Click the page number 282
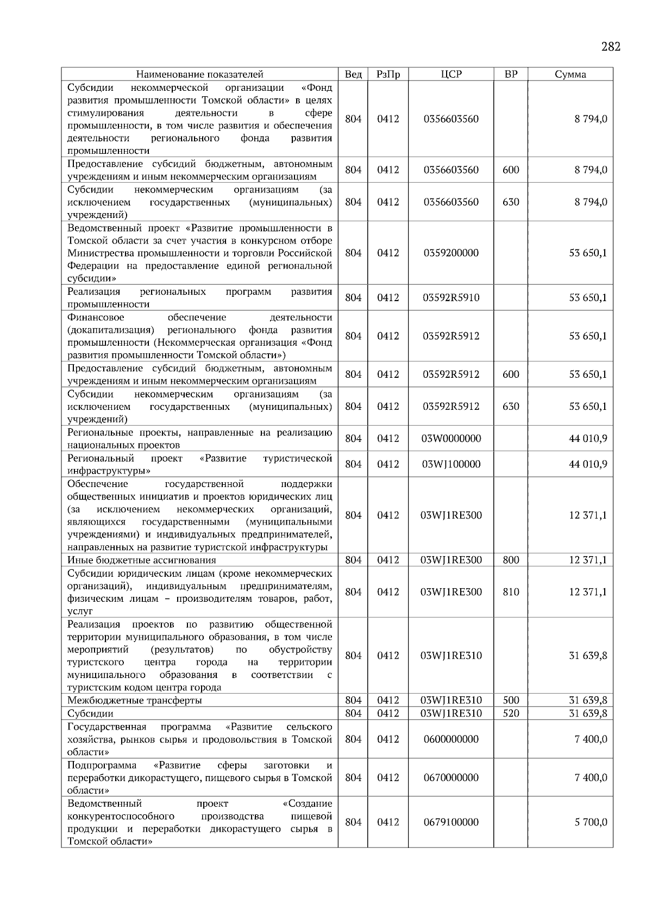[x=611, y=47]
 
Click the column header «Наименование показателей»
[x=199, y=74]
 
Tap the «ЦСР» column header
[x=451, y=74]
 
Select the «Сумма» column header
[x=570, y=74]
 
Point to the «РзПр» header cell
[x=388, y=74]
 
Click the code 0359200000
[x=451, y=253]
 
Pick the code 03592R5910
[x=451, y=298]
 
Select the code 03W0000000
[x=451, y=439]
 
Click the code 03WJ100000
[x=451, y=464]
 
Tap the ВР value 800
[x=511, y=560]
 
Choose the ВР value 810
[x=511, y=592]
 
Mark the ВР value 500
[x=511, y=700]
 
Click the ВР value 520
[x=511, y=713]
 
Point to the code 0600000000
[x=451, y=739]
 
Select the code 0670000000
[x=451, y=778]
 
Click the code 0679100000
[x=451, y=822]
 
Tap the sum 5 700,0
[x=591, y=822]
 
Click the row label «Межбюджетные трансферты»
[x=135, y=700]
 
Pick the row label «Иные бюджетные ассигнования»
[x=142, y=560]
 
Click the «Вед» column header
[x=353, y=74]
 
